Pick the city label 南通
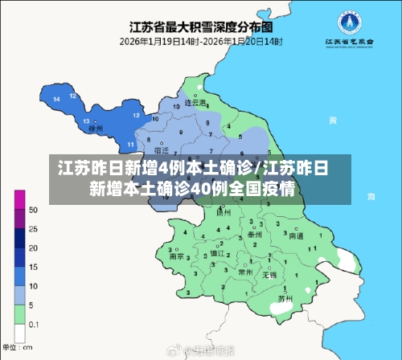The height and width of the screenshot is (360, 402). (x=296, y=236)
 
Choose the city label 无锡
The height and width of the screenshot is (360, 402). (x=270, y=274)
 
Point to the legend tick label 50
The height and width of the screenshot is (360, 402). (x=33, y=210)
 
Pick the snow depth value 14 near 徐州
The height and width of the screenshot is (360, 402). (x=57, y=98)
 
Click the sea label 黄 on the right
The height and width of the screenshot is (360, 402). (x=331, y=120)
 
